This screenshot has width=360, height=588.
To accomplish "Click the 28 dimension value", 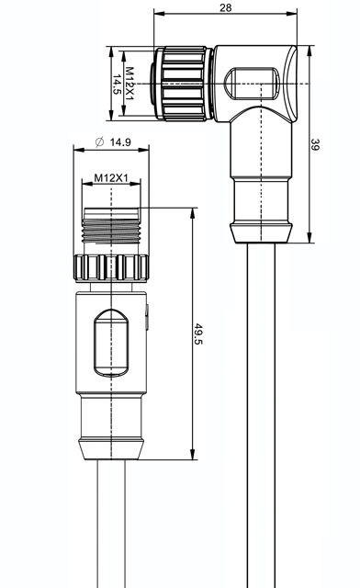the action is tap(225, 7).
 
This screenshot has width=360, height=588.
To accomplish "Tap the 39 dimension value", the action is tap(315, 144).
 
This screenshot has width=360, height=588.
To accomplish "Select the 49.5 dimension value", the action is tap(198, 334).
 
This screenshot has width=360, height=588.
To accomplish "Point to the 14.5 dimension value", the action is tap(117, 84).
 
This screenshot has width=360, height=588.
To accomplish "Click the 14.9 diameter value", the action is tap(120, 142).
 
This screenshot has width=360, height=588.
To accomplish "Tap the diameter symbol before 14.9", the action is tap(99, 142).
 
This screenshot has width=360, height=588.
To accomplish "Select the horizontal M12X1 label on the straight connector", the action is tap(111, 177).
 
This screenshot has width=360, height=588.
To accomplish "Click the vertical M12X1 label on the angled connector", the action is tap(129, 84).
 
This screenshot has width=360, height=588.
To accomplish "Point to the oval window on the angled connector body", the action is tap(252, 84).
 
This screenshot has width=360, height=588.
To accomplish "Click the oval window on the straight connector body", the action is tap(111, 343).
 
